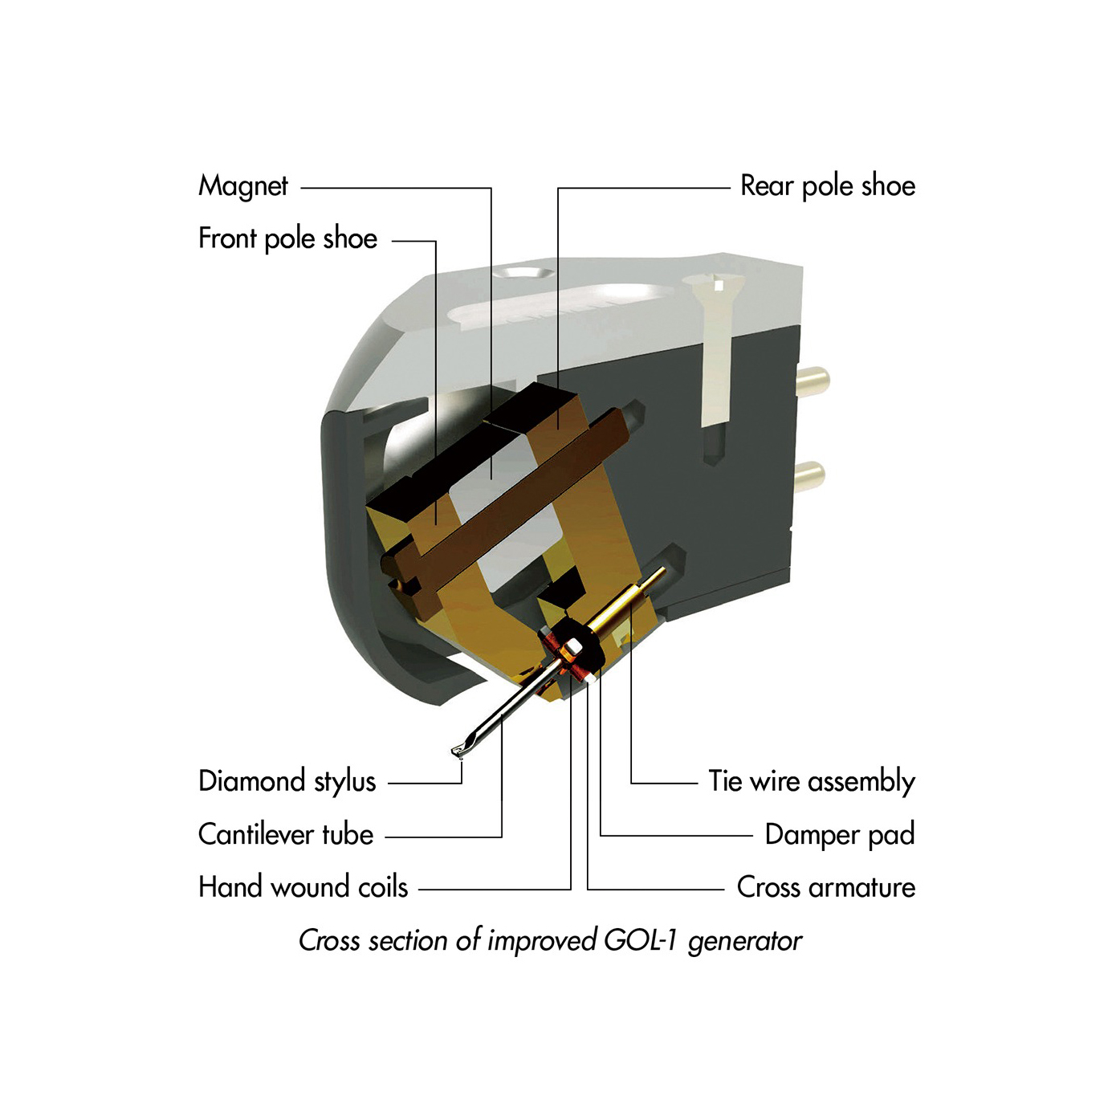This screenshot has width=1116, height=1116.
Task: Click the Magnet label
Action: click(x=242, y=186)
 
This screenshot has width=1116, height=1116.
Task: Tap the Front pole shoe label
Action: click(x=287, y=238)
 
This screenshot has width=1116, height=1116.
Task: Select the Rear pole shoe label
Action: click(x=828, y=186)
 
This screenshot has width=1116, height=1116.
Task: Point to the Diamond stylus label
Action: click(x=287, y=782)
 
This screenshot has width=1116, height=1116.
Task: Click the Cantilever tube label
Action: click(x=286, y=834)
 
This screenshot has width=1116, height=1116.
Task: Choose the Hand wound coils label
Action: click(x=303, y=887)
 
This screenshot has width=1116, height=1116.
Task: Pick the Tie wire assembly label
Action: click(x=812, y=782)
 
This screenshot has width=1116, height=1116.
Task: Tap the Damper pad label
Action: click(x=839, y=835)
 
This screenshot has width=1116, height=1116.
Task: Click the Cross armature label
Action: click(x=826, y=887)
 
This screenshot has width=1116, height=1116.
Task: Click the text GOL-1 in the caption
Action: click(x=639, y=940)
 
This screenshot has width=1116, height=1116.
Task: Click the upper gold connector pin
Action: click(x=813, y=381)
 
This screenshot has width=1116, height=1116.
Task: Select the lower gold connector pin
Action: click(x=809, y=477)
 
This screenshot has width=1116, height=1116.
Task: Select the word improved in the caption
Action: click(x=541, y=941)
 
